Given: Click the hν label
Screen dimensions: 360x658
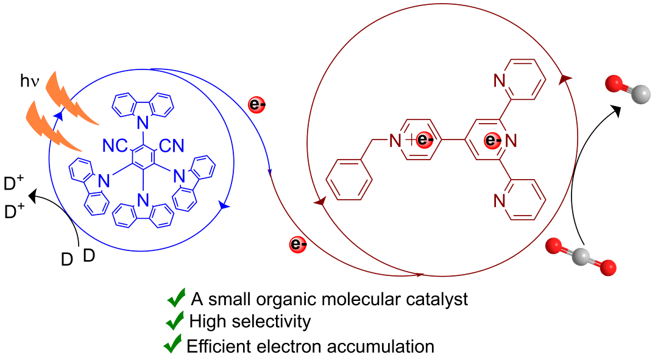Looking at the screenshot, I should click(x=29, y=82).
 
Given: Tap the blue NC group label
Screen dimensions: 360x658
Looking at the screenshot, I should click(x=114, y=146).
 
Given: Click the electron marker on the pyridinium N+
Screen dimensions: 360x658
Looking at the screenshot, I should click(x=426, y=141).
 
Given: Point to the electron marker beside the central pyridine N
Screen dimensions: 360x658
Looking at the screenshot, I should click(x=492, y=141).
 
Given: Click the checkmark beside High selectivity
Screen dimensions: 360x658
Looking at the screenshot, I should click(x=175, y=320).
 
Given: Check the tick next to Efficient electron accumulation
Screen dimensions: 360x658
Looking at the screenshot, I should click(x=173, y=345).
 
